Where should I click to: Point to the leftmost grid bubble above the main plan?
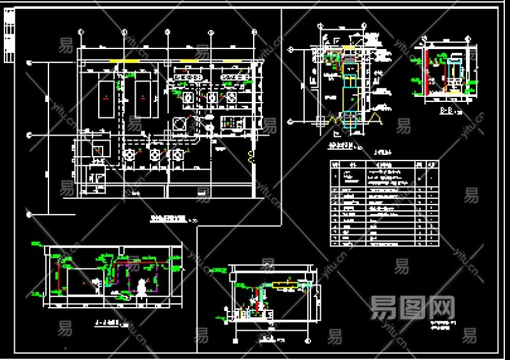click(x=80, y=31)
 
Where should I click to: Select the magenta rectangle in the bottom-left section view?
click(x=134, y=276)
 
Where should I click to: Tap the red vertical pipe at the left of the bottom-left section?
click(x=59, y=274)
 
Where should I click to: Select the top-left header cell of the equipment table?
click(x=335, y=164)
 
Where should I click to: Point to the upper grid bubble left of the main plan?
click(x=29, y=63)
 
